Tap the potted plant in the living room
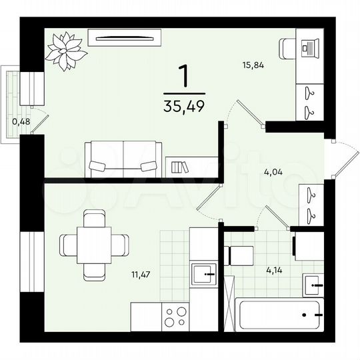tap(65, 50)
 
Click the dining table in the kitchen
tap(94, 245)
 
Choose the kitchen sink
tap(203, 273)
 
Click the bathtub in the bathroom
tap(279, 313)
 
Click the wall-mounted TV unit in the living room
tap(128, 38)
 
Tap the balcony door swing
tap(41, 120)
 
